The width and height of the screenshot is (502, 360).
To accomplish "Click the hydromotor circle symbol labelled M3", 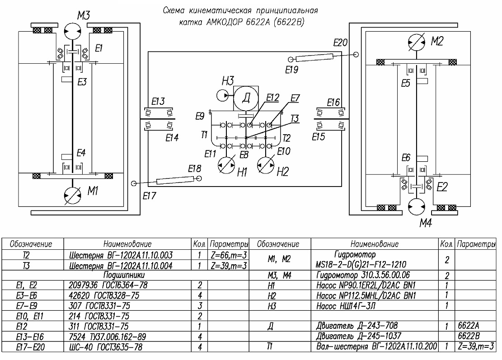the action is point(72,31).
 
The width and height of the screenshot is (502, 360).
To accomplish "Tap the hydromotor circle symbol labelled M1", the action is point(72,195).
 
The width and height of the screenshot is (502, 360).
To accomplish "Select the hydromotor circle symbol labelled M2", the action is point(417,42).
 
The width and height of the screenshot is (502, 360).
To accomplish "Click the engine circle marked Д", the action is point(246,98).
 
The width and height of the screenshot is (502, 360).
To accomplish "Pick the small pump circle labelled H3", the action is point(222,95).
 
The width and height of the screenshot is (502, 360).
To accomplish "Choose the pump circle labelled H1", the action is point(226,165).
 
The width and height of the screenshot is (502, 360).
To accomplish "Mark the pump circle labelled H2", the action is point(266,165).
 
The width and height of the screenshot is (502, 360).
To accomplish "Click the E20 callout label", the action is point(340,42).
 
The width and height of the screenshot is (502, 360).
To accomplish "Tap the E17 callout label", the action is point(150,196).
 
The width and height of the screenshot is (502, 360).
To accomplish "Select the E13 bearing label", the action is point(158,102).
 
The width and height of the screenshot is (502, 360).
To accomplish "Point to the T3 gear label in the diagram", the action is point(295,119).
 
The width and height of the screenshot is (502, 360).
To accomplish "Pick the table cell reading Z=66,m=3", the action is point(229,255).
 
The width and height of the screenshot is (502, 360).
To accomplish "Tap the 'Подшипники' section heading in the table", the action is point(124,275).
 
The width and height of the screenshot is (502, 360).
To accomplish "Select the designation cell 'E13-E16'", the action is point(30,337).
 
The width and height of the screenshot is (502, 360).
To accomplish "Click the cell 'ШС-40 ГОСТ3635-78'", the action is point(106,347).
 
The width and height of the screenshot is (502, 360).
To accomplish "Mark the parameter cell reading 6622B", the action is point(469,336).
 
